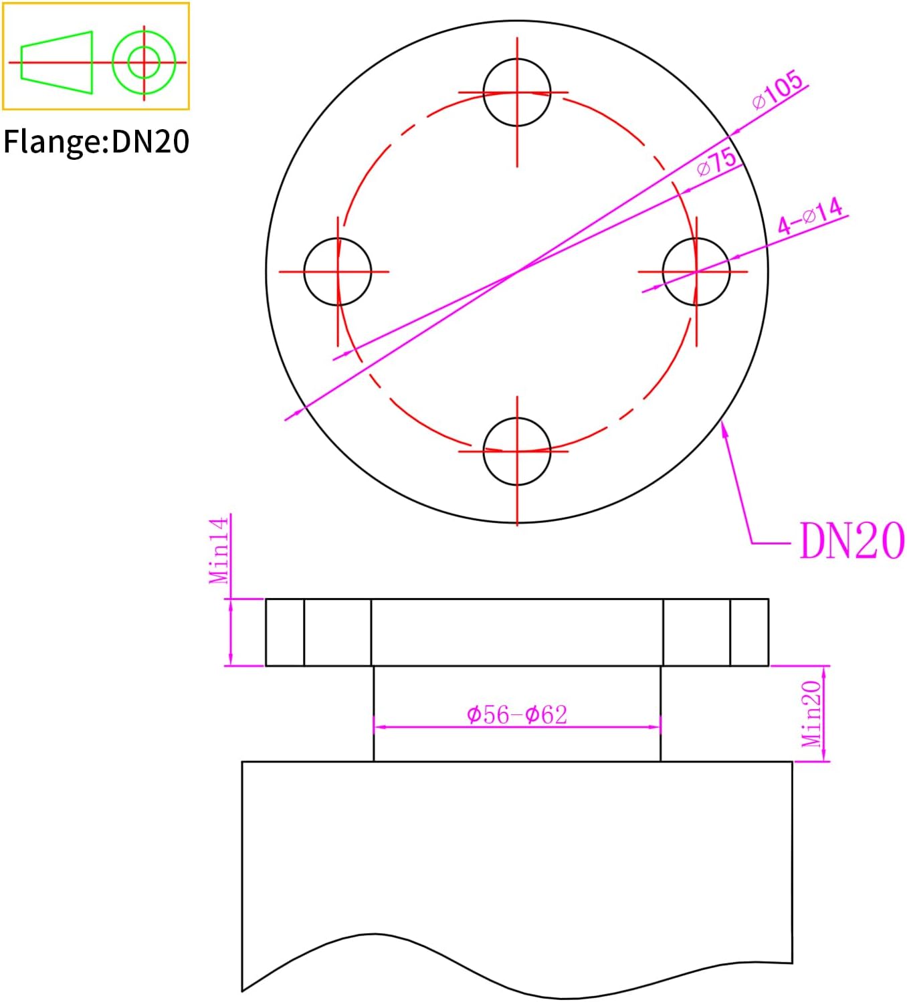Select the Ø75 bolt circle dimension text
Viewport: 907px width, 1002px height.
(716, 162)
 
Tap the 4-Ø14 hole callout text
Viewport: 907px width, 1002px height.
(810, 215)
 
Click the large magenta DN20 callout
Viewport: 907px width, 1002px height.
(851, 541)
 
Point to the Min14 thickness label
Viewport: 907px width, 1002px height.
(219, 550)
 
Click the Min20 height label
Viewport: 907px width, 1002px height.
(811, 714)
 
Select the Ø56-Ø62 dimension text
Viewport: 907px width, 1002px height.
(516, 714)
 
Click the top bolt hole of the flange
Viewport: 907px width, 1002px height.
(516, 92)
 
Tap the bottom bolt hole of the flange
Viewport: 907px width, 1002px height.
(516, 452)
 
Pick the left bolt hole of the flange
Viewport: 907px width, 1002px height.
(337, 272)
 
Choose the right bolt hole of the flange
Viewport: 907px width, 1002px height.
(696, 272)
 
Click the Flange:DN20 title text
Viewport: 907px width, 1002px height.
(96, 142)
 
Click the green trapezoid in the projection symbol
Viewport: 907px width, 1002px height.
(56, 62)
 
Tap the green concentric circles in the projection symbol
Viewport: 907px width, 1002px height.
(144, 62)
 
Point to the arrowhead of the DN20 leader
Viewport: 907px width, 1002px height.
(723, 426)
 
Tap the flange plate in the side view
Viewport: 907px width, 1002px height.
(516, 632)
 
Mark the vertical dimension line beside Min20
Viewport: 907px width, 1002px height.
(824, 714)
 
